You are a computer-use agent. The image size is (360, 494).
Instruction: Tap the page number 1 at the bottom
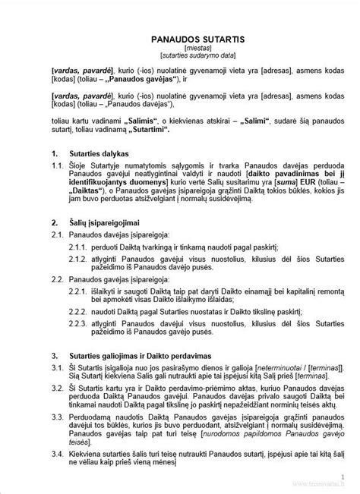click(343, 477)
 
